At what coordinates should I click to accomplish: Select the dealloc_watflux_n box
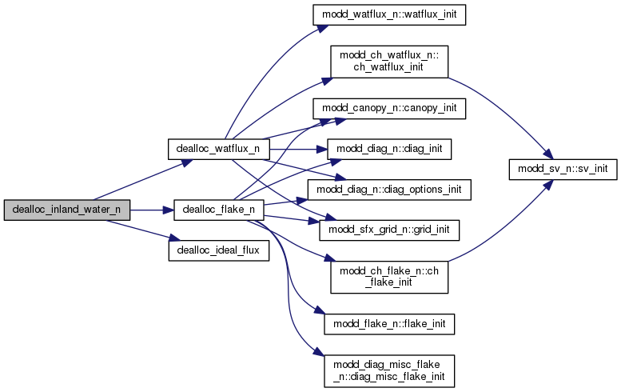click(x=217, y=149)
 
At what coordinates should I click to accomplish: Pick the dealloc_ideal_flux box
click(x=218, y=250)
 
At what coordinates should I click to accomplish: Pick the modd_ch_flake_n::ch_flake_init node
click(x=388, y=276)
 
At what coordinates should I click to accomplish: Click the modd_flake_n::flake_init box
click(x=388, y=323)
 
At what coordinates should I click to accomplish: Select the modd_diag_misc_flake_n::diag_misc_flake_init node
click(x=388, y=369)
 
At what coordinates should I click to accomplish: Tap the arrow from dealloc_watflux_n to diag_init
click(x=296, y=149)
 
